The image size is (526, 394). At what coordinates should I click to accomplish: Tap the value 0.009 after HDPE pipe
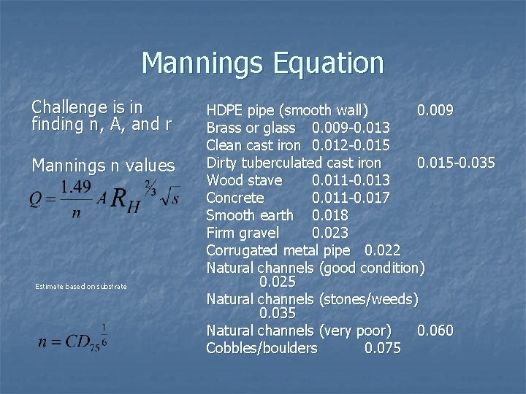pyautogui.click(x=435, y=110)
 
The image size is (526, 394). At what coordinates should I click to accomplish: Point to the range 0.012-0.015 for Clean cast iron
pyautogui.click(x=351, y=145)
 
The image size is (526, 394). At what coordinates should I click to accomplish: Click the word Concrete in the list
pyautogui.click(x=235, y=198)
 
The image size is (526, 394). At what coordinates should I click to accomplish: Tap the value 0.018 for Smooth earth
pyautogui.click(x=330, y=215)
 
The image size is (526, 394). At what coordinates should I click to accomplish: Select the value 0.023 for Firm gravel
pyautogui.click(x=330, y=233)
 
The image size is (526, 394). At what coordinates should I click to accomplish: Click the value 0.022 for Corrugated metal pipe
pyautogui.click(x=382, y=251)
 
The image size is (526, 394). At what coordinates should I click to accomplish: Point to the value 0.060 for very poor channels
pyautogui.click(x=435, y=331)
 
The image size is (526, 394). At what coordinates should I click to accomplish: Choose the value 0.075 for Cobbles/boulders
pyautogui.click(x=382, y=348)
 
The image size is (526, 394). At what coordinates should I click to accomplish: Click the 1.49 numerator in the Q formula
pyautogui.click(x=76, y=187)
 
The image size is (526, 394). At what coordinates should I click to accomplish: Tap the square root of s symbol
pyautogui.click(x=169, y=196)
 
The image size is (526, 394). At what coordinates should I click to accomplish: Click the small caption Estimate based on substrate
pyautogui.click(x=81, y=287)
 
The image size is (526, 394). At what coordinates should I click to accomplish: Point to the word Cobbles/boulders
pyautogui.click(x=262, y=348)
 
